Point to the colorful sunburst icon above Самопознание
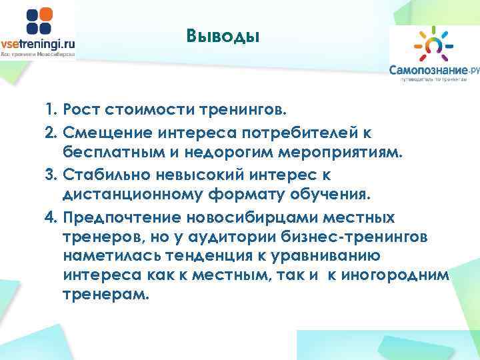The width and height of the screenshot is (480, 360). [x=431, y=43]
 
